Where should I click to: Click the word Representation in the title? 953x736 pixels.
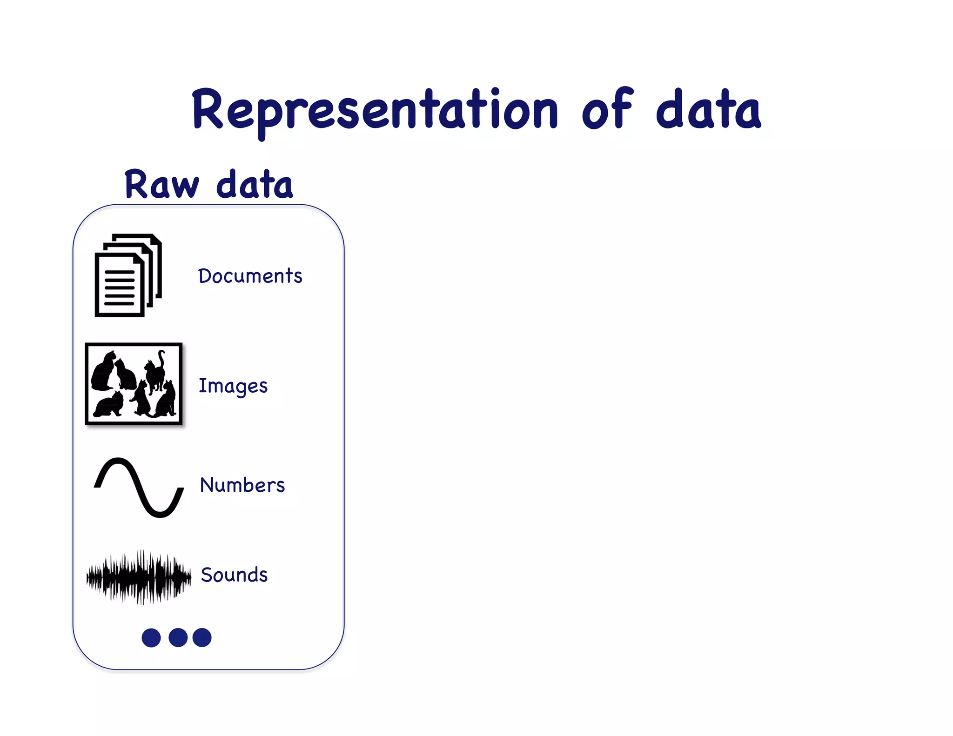click(x=375, y=110)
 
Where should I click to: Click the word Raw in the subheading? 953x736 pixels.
click(x=161, y=185)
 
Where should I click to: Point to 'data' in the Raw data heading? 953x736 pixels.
click(x=255, y=185)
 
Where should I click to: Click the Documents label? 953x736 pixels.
click(x=250, y=276)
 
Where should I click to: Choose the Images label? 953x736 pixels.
click(x=233, y=386)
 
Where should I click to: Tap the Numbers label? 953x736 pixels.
click(x=242, y=485)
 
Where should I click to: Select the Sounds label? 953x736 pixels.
click(x=234, y=575)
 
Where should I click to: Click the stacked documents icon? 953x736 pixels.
click(x=128, y=275)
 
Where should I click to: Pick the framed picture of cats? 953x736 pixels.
click(x=134, y=384)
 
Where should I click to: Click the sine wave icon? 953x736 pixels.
click(x=139, y=487)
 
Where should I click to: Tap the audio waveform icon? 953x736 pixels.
click(x=139, y=577)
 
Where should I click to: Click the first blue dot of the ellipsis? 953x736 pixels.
click(x=151, y=637)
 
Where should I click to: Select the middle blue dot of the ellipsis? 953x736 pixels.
click(x=178, y=637)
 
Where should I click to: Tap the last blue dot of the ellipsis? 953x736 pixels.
click(x=202, y=637)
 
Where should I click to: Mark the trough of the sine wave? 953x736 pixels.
click(x=160, y=514)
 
